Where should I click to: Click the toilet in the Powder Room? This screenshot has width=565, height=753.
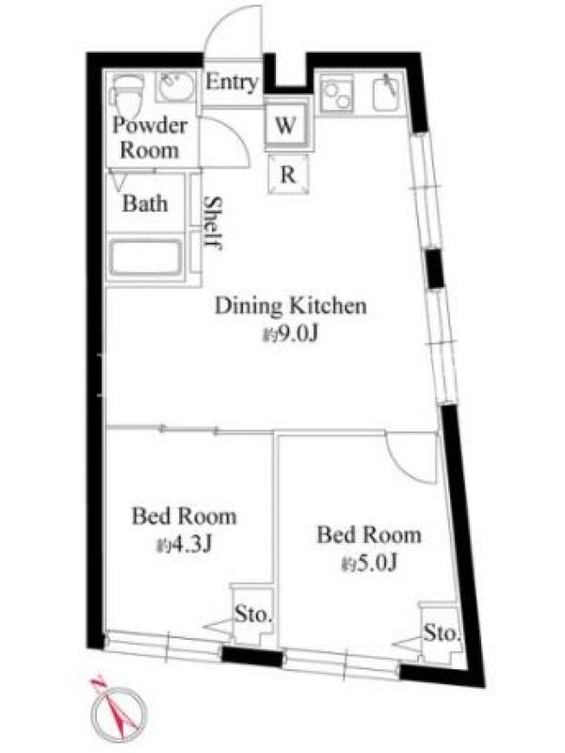click(x=126, y=96)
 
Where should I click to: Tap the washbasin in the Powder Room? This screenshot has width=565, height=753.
click(x=175, y=87)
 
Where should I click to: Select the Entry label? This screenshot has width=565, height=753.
click(x=232, y=82)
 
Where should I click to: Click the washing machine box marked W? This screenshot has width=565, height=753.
click(x=287, y=125)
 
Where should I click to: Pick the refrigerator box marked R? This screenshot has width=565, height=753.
click(x=288, y=174)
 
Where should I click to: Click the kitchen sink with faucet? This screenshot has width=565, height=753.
click(x=388, y=93)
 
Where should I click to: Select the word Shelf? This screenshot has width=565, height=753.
click(x=212, y=223)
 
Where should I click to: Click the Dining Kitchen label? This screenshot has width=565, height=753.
click(x=290, y=307)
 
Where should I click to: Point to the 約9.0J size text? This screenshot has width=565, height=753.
click(x=290, y=334)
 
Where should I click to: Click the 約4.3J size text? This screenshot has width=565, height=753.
click(x=185, y=545)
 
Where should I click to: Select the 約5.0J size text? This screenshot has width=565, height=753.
click(x=369, y=563)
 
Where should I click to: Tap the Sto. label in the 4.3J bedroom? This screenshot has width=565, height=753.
click(x=253, y=614)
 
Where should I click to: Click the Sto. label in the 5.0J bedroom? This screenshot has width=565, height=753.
click(x=442, y=633)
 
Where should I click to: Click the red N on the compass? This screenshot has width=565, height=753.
click(x=99, y=681)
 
